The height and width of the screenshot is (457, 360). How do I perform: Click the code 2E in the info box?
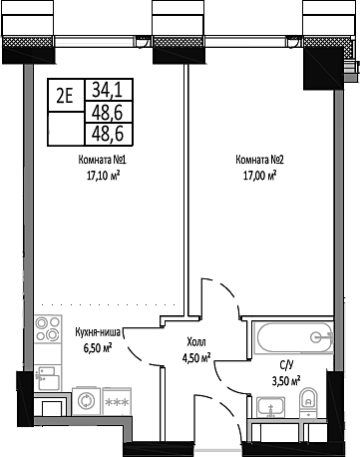(65, 97)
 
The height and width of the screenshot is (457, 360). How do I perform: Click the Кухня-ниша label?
(101, 333)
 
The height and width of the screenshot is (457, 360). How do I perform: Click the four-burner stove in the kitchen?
(46, 329)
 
